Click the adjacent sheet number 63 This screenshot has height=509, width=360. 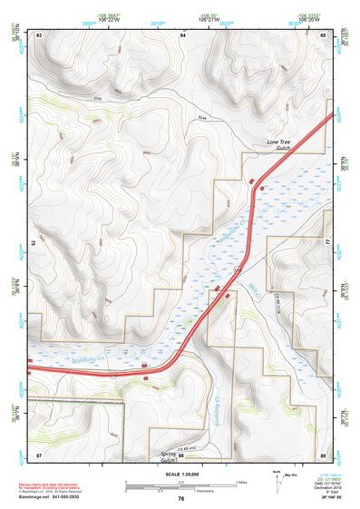click(x=41, y=34)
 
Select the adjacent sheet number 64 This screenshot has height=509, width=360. click(x=181, y=34)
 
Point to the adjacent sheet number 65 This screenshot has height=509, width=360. click(x=323, y=34)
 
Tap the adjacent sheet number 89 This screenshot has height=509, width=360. click(x=323, y=454)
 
